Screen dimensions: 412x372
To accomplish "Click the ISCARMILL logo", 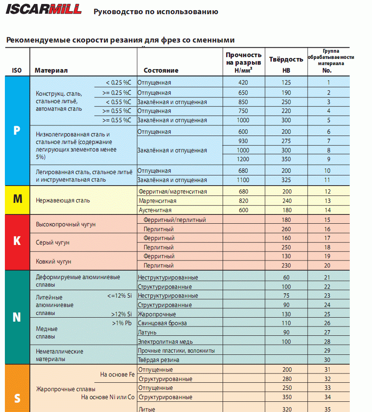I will pyautogui.click(x=43, y=9).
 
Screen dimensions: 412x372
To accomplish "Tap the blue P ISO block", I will pyautogui.click(x=17, y=131).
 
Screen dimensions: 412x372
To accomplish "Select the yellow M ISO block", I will pyautogui.click(x=17, y=199).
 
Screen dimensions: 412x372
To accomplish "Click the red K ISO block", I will pyautogui.click(x=17, y=241).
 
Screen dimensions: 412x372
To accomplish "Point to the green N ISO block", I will pyautogui.click(x=17, y=317).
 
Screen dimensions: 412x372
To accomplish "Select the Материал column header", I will pyautogui.click(x=51, y=70).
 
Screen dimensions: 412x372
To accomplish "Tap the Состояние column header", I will pyautogui.click(x=161, y=70).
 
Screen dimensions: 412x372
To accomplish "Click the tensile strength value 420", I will pyautogui.click(x=243, y=82).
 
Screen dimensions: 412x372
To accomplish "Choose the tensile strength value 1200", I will pyautogui.click(x=243, y=159).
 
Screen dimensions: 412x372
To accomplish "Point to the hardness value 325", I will pyautogui.click(x=286, y=180).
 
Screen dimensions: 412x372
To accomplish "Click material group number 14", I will pyautogui.click(x=327, y=210).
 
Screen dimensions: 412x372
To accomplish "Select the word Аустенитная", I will pyautogui.click(x=155, y=210).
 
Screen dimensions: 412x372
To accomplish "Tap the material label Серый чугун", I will pyautogui.click(x=53, y=243).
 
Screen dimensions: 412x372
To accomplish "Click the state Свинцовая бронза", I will pyautogui.click(x=162, y=323).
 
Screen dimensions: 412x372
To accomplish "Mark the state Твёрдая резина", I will pyautogui.click(x=158, y=360).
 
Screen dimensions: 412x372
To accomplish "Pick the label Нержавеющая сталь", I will pyautogui.click(x=63, y=201).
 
